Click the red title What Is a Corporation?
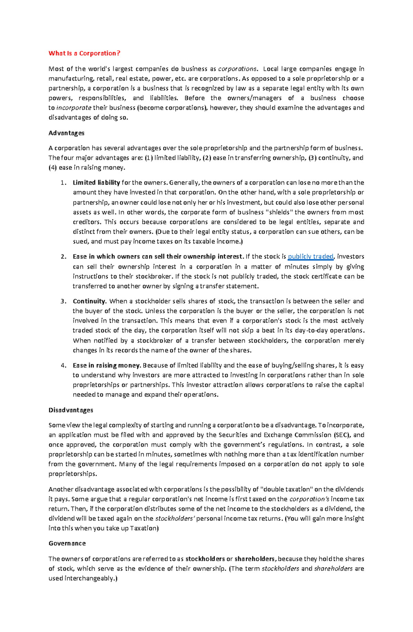click(84, 53)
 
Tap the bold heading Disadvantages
click(71, 410)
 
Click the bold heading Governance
click(67, 543)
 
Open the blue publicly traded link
click(310, 257)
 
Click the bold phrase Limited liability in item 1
click(96, 183)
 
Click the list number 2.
click(63, 257)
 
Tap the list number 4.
click(63, 365)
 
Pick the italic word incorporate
click(74, 108)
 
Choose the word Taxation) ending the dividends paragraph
click(144, 528)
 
